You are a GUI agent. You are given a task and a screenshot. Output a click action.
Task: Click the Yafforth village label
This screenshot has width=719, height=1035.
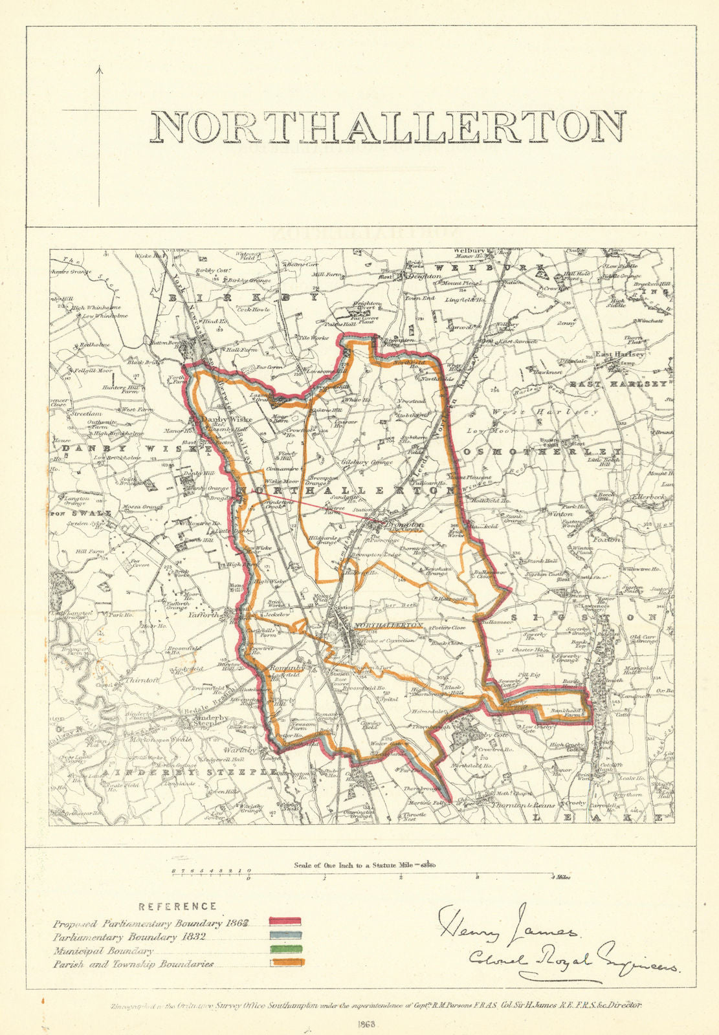(x=205, y=615)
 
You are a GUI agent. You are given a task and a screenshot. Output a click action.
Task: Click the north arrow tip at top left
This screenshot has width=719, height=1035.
(x=99, y=67)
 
